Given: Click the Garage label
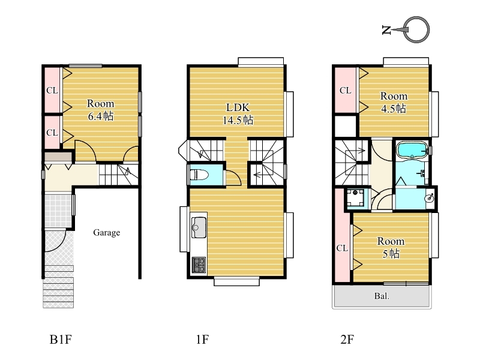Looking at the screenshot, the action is (x=107, y=233).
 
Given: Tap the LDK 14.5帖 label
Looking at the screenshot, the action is (x=238, y=114).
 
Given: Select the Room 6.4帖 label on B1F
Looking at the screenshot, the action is (x=100, y=110).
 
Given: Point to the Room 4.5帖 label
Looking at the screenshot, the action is (x=394, y=102).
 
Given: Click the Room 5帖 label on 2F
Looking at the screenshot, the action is (x=391, y=247).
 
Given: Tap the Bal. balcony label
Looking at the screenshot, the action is (x=382, y=296).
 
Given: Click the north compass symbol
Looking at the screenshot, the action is (x=406, y=29).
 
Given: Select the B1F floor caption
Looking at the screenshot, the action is (x=61, y=340).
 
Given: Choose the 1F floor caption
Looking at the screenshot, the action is (x=202, y=340).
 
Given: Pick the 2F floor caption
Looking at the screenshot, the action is (x=347, y=340).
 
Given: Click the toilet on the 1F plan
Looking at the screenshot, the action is (x=199, y=175).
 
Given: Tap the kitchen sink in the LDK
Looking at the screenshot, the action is (x=199, y=227).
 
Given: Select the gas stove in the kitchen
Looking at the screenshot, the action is (x=199, y=265).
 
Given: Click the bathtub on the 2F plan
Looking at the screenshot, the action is (x=412, y=150).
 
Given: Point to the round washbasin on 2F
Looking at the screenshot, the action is (x=430, y=198).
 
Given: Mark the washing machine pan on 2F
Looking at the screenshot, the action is (x=355, y=198).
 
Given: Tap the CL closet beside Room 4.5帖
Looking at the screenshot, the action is (x=346, y=91).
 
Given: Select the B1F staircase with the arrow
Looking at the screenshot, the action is (x=118, y=175).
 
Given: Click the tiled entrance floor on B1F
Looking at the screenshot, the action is (x=58, y=211).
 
